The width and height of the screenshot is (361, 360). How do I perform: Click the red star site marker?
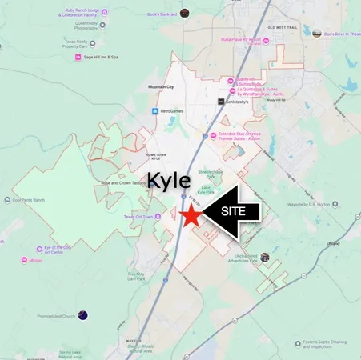(x=191, y=216)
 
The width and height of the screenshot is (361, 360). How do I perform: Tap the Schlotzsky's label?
(x=243, y=102)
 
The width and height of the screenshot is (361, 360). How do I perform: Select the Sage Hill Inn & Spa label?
(x=101, y=57)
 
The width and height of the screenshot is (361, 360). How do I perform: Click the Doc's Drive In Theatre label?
(x=339, y=34)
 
